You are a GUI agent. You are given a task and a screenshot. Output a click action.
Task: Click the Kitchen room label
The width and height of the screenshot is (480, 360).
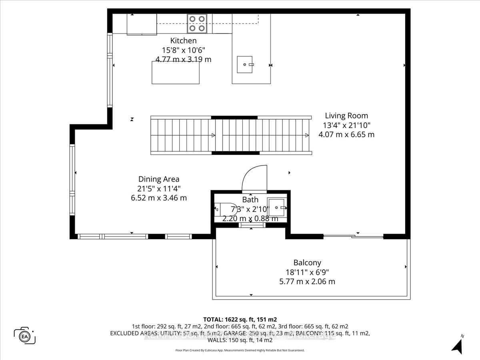click(x=183, y=40)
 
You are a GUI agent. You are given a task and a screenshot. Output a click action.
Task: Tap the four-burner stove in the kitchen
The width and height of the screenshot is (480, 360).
click(x=197, y=24)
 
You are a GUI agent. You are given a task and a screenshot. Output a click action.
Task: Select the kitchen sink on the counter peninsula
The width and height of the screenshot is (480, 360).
click(x=245, y=64)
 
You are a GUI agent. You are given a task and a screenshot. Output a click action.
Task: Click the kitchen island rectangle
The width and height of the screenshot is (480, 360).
click(x=175, y=72)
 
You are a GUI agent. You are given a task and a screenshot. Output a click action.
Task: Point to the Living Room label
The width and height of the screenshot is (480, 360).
click(x=346, y=116)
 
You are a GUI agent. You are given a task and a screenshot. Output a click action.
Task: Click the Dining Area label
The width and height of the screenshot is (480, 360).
click(x=159, y=179)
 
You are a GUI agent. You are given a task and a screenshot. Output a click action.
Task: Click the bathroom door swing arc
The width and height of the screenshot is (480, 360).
click(x=254, y=178)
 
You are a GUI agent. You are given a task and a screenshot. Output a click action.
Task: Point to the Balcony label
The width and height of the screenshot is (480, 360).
click(x=307, y=263)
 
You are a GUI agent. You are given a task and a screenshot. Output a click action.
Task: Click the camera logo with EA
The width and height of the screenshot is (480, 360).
click(x=25, y=335)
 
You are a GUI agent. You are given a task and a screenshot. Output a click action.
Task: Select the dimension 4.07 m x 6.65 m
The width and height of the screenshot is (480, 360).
click(x=346, y=134)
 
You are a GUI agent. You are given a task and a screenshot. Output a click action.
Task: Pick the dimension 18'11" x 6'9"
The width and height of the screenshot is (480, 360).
click(x=307, y=272)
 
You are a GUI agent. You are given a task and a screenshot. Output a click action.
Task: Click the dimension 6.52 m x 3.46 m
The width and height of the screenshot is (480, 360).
click(x=159, y=198)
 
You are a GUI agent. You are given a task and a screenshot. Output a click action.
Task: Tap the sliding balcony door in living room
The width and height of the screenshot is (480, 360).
click(x=354, y=236)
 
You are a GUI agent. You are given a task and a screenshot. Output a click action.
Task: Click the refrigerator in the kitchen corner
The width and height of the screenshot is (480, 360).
click(x=142, y=24)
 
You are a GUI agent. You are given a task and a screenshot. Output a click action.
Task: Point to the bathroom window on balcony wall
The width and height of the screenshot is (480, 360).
click(x=252, y=225)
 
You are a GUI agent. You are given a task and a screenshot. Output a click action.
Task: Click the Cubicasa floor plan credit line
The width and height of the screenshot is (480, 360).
click(x=240, y=350)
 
